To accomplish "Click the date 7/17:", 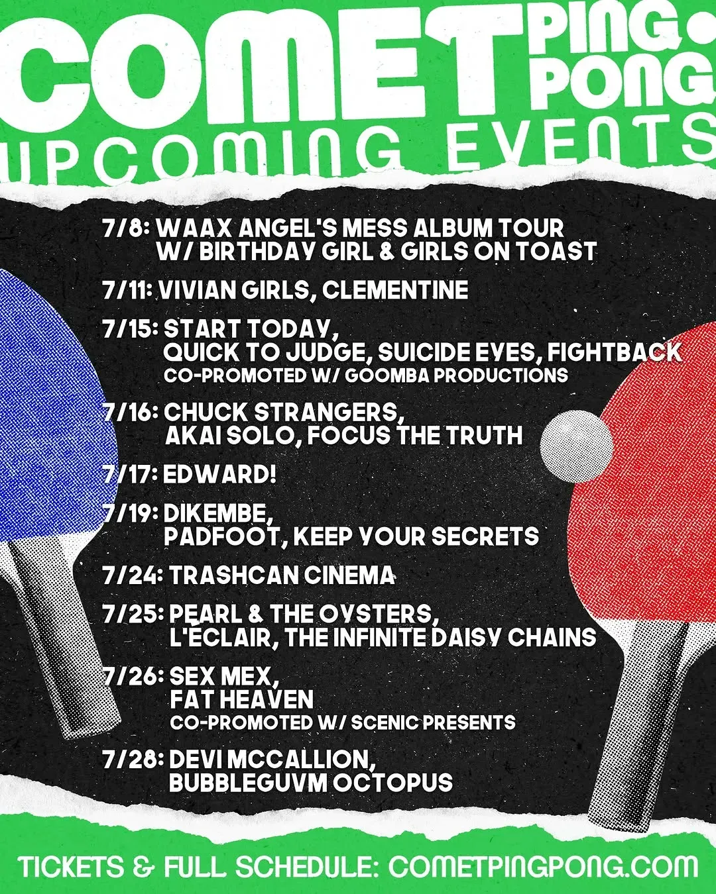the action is [x=130, y=475].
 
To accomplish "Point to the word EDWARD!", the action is [x=219, y=475].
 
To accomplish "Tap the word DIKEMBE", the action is [x=218, y=514].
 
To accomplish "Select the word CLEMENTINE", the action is [x=395, y=289].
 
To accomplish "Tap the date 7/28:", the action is [x=133, y=760].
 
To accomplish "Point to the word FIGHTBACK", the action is [x=614, y=352].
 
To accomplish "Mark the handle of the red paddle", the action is [x=632, y=731].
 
